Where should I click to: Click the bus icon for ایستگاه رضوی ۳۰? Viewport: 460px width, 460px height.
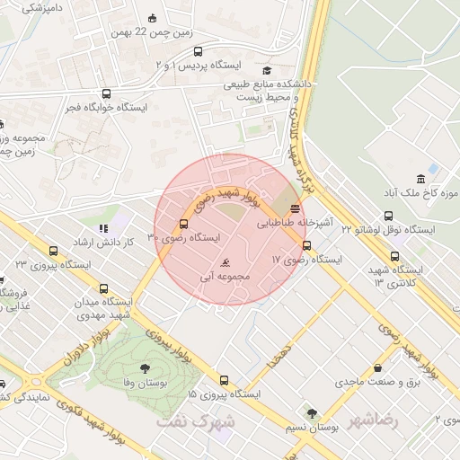183,224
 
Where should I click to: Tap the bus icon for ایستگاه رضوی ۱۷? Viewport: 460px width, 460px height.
307,245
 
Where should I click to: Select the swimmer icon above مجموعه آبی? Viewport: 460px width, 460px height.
225,262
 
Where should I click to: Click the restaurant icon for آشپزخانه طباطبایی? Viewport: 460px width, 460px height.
296,207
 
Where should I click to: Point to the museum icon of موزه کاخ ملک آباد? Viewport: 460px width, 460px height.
420,179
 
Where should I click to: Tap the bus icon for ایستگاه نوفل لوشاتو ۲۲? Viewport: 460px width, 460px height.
388,216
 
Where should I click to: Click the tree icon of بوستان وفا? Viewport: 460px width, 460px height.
146,368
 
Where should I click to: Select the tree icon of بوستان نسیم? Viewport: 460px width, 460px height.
312,414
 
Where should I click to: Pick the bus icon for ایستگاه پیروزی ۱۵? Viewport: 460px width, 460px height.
222,380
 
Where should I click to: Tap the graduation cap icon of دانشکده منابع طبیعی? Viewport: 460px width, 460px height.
267,70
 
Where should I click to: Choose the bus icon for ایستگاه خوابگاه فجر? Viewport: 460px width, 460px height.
107,93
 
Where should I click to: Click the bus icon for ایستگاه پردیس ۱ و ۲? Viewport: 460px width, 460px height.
198,52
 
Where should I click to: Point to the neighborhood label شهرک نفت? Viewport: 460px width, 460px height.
194,420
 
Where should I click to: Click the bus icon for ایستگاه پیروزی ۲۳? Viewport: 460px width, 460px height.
53,252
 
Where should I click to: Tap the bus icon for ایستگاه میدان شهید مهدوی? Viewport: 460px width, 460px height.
104,288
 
